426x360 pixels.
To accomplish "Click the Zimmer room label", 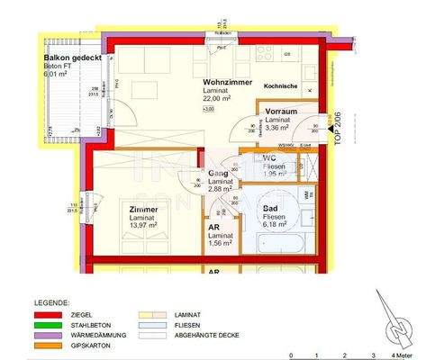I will (x=143, y=209).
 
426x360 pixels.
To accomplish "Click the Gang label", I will (x=218, y=173).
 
